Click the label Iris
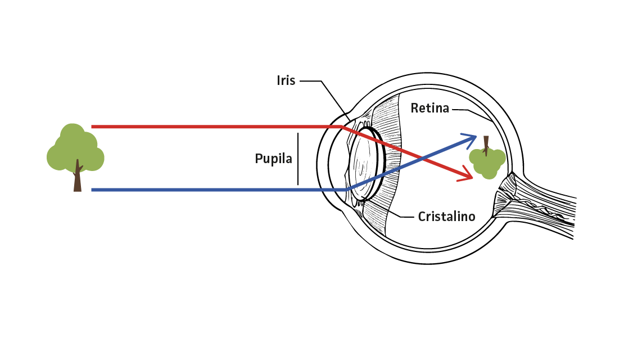pos(286,81)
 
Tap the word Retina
pos(429,108)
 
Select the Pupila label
pos(274,159)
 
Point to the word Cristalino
pos(447,216)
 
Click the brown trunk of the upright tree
pos(78,178)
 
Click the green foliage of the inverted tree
pos(487,163)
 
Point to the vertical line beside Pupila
pos(298,159)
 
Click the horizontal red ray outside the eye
pos(214,127)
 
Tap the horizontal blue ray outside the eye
pos(214,190)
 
